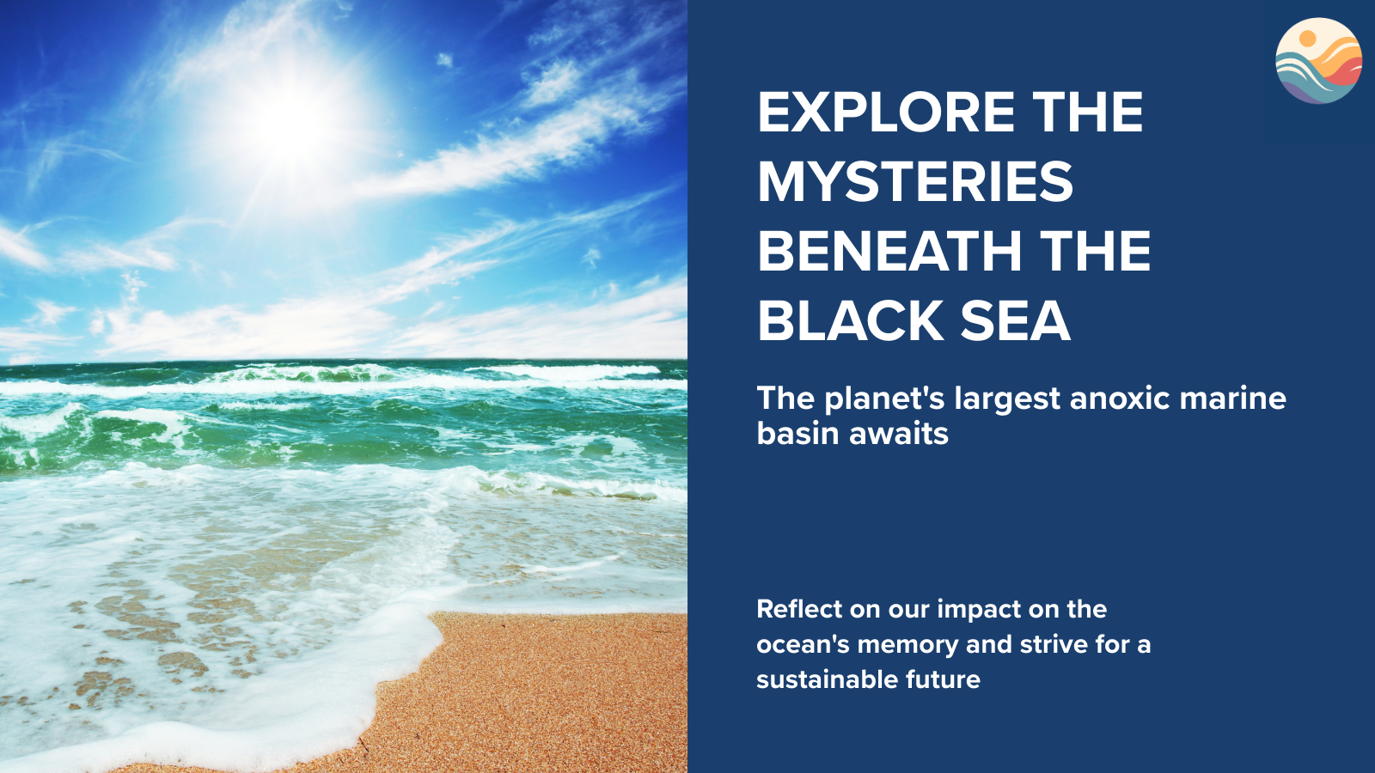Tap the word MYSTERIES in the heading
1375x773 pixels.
[916, 181]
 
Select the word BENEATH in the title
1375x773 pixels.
[890, 251]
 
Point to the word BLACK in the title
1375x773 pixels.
[851, 321]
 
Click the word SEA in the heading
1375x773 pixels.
[1016, 321]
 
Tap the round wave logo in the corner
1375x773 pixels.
[1318, 61]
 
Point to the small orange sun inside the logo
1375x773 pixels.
[1307, 38]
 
